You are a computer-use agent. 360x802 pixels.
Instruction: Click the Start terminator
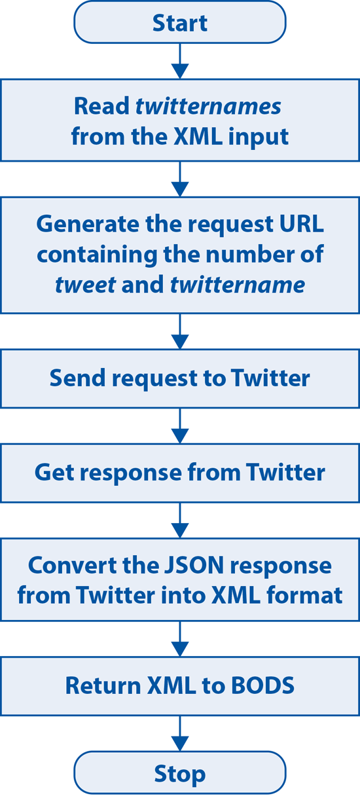click(179, 22)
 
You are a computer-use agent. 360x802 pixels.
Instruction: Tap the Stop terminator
click(179, 773)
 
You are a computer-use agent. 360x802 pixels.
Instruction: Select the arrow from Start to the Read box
click(179, 62)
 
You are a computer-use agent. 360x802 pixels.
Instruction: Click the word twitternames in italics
click(208, 107)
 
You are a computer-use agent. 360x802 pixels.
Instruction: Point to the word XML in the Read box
click(198, 137)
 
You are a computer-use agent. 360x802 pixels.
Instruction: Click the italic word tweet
click(86, 285)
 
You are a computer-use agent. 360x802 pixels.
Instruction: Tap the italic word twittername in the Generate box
click(238, 285)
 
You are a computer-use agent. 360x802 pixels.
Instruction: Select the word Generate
click(88, 225)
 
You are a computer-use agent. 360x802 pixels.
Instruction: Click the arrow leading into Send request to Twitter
click(179, 331)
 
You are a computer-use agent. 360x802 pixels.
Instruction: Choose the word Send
click(78, 378)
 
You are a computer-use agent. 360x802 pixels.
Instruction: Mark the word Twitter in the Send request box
click(270, 378)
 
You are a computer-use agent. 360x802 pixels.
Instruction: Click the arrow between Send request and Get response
click(179, 426)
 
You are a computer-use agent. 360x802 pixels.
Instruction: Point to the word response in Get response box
click(131, 473)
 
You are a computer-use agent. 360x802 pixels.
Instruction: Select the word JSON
click(194, 566)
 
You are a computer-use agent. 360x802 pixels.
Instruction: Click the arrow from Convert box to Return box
click(179, 639)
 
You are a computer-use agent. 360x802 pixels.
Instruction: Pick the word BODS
click(262, 685)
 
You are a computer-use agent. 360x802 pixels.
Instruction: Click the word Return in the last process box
click(103, 685)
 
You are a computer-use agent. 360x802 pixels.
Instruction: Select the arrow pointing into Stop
click(179, 733)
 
